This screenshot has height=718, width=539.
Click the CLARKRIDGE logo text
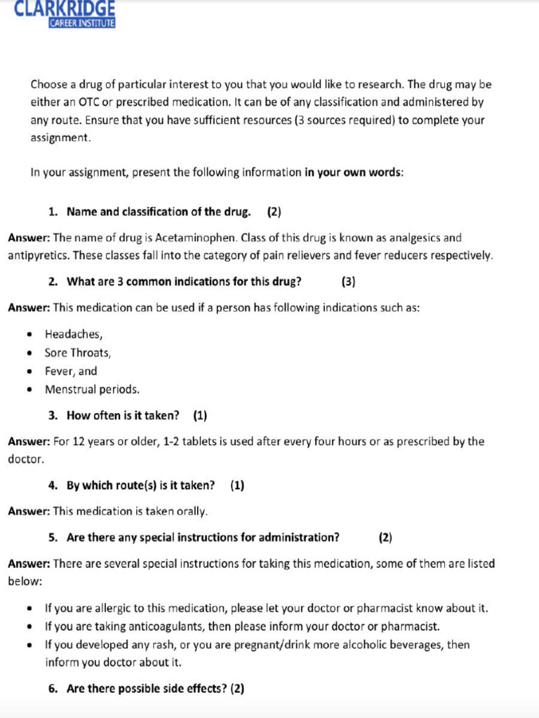(65, 8)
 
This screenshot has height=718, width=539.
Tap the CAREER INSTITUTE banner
(81, 22)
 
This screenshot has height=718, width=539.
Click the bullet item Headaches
(74, 334)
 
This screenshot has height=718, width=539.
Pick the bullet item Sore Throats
(78, 353)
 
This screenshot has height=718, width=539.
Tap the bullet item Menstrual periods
(92, 389)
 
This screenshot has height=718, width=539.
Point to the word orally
(190, 511)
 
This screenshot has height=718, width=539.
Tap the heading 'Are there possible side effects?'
(147, 689)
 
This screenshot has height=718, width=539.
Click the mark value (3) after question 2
(348, 282)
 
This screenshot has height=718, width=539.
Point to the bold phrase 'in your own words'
(352, 172)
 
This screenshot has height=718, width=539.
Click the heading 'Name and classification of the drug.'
(159, 212)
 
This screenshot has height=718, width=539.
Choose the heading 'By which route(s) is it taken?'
(140, 485)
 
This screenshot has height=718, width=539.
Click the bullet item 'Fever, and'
(71, 371)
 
